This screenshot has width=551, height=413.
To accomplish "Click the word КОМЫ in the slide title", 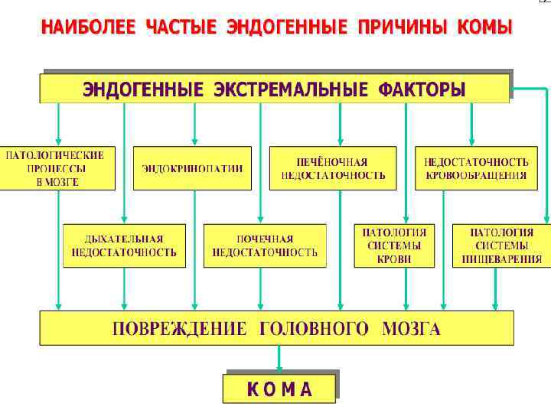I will pyautogui.click(x=484, y=29).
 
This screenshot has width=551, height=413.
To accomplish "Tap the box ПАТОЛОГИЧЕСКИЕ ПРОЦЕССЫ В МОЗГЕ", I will pyautogui.click(x=57, y=168).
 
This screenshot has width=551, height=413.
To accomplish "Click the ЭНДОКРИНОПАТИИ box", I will pyautogui.click(x=192, y=168).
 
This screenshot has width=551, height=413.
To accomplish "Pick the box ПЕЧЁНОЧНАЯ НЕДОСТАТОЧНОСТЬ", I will pyautogui.click(x=333, y=168).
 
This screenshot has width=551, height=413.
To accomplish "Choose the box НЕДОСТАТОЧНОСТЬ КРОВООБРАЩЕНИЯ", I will pyautogui.click(x=476, y=168).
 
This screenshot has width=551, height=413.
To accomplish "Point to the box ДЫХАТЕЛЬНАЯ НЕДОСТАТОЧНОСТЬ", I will pyautogui.click(x=124, y=246).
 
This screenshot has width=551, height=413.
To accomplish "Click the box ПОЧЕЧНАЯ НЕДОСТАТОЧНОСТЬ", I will pyautogui.click(x=265, y=246).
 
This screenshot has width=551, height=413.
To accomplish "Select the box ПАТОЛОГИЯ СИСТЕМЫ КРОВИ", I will pyautogui.click(x=394, y=246).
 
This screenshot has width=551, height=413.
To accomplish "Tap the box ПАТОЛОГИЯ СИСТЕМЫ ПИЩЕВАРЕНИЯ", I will pyautogui.click(x=501, y=246).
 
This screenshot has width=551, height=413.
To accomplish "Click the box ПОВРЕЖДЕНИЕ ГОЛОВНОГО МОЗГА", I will pyautogui.click(x=276, y=329).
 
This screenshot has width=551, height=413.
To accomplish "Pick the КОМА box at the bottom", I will pyautogui.click(x=279, y=389).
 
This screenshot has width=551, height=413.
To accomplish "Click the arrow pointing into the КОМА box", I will pyautogui.click(x=279, y=358).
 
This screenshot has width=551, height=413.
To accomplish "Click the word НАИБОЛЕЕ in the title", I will pyautogui.click(x=88, y=29).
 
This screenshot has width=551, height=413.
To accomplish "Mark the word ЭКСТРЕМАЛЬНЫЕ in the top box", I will pyautogui.click(x=291, y=89).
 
